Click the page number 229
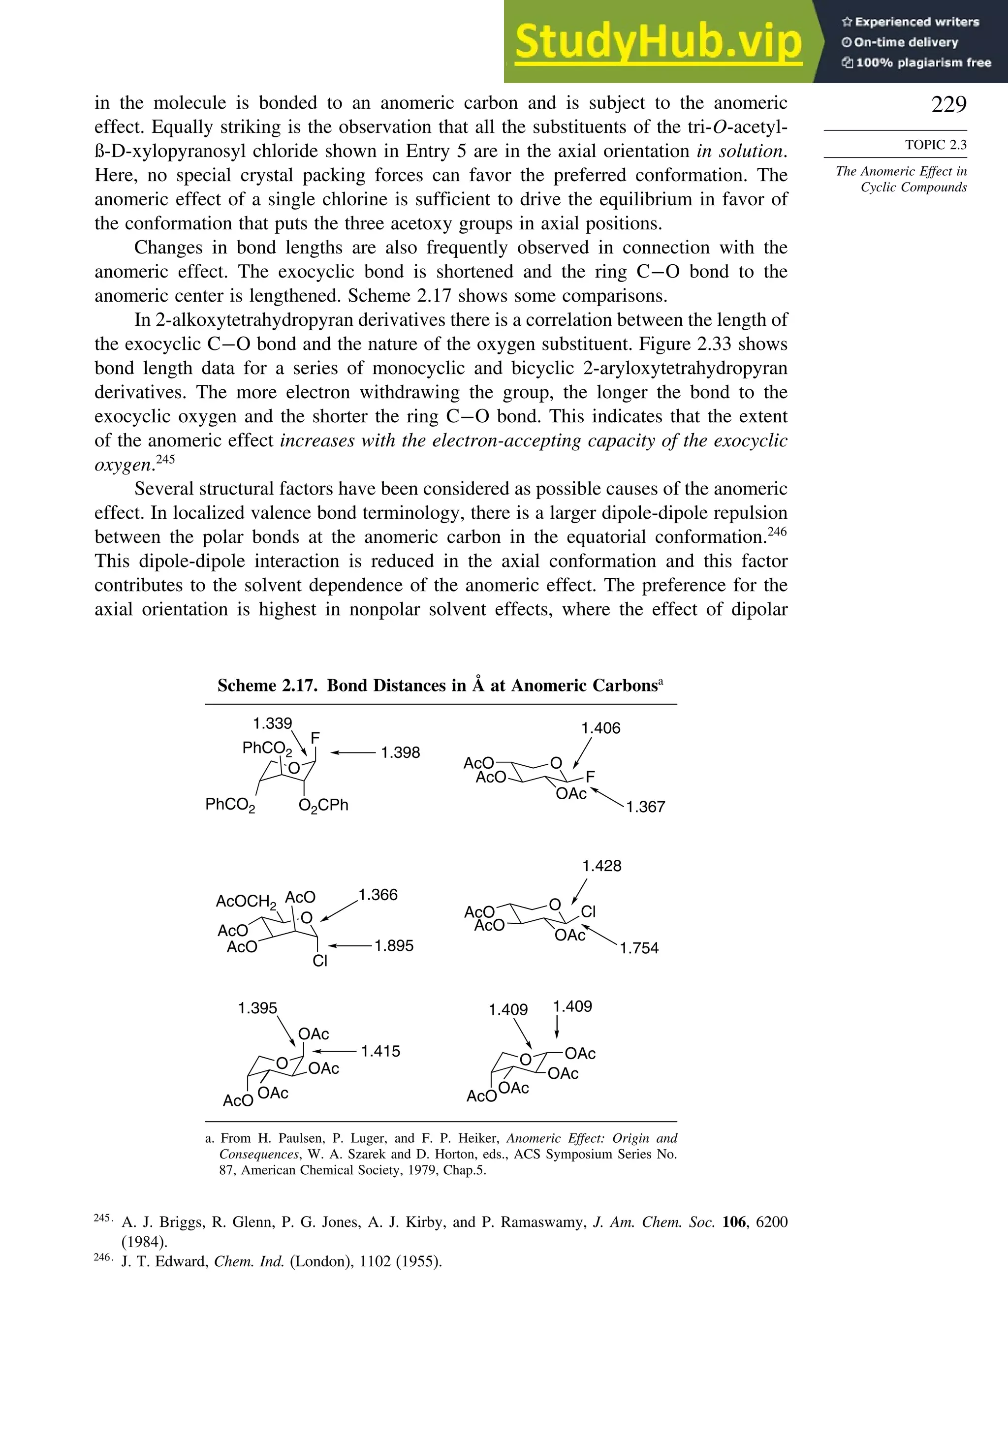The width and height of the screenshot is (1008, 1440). pos(948,104)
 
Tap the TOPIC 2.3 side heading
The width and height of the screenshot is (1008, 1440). pos(935,145)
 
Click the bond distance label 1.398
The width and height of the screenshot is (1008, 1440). pos(400,752)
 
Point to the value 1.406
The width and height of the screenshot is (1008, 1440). pos(600,728)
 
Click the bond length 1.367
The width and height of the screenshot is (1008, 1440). pos(645,807)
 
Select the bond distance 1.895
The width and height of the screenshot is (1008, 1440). pos(394,945)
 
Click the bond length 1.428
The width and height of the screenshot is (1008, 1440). pos(601,866)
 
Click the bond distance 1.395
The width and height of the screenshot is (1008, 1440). pos(257,1008)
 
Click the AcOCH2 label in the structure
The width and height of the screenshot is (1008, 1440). pos(246,902)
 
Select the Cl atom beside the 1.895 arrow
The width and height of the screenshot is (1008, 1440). pos(320,961)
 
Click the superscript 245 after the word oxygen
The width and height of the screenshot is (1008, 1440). pos(165,459)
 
